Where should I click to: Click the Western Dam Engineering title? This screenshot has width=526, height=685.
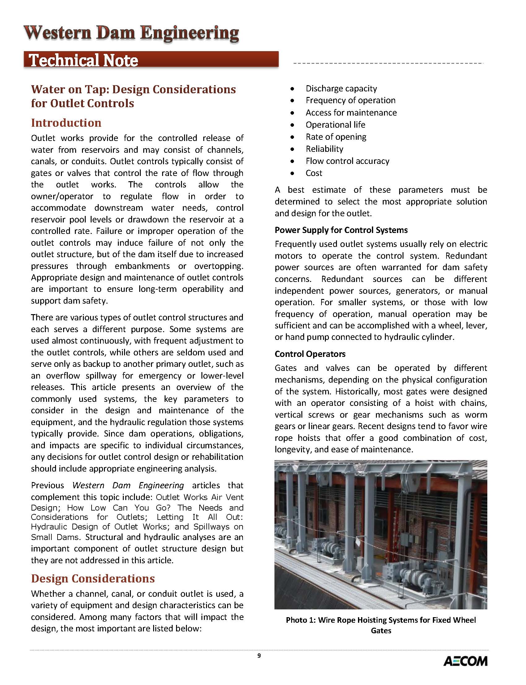132,33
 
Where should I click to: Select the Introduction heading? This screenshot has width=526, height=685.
66,123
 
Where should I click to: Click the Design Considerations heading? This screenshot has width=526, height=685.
93,578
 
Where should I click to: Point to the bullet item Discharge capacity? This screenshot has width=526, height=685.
341,88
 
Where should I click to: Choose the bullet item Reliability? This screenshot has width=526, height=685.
324,149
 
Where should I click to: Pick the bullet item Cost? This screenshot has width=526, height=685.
314,173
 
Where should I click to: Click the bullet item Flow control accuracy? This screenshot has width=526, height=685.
347,161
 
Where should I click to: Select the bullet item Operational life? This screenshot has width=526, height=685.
335,125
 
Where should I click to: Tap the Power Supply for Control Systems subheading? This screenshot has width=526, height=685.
341,230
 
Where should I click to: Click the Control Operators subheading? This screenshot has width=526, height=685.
310,354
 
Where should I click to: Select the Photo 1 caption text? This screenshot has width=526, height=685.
381,625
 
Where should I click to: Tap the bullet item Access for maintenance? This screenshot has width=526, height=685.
351,112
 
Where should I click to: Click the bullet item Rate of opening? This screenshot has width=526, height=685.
336,137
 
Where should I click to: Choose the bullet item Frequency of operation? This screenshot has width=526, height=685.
350,100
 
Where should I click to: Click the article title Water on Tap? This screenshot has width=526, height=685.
133,96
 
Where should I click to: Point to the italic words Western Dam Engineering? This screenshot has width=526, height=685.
128,485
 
